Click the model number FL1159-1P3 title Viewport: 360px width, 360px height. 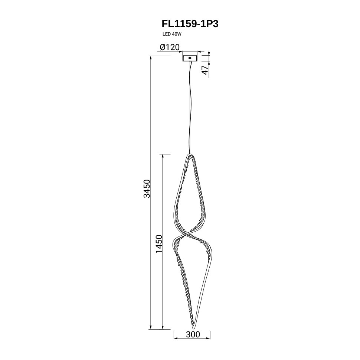[190, 24]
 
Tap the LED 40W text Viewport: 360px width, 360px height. [172, 34]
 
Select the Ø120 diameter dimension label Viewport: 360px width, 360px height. [170, 47]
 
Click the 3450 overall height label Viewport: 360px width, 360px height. [147, 189]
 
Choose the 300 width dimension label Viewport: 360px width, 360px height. [193, 334]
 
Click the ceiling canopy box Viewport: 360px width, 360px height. [190, 58]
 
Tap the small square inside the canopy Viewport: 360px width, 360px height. [190, 58]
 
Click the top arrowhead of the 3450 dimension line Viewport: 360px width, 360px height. [151, 58]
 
